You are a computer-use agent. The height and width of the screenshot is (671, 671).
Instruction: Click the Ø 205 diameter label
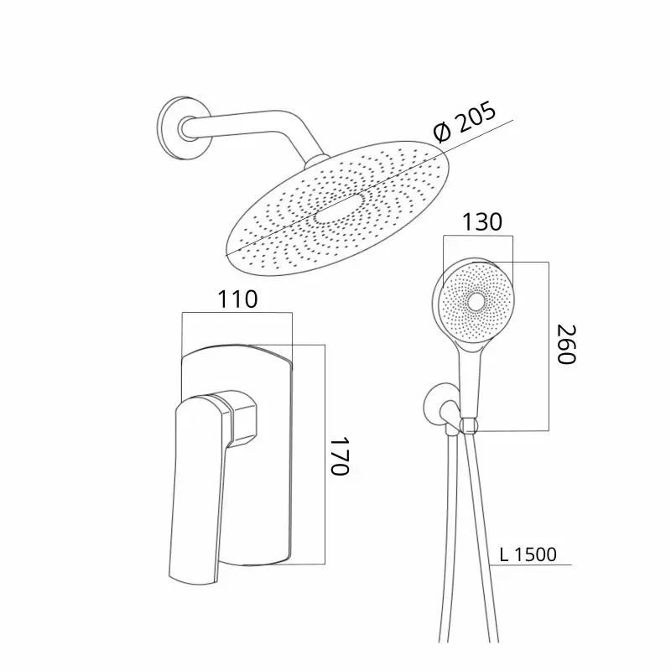(465, 122)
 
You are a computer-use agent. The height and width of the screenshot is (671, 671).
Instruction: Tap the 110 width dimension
(238, 299)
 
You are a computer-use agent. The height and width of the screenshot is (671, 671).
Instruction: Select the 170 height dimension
(341, 455)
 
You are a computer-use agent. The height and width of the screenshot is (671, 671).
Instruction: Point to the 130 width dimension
(482, 222)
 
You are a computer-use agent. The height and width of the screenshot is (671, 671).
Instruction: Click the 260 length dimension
(566, 344)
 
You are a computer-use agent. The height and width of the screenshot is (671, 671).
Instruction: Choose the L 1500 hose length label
(528, 554)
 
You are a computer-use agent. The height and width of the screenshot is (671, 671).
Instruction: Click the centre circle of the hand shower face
(476, 302)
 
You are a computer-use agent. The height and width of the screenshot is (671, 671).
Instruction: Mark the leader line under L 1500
(531, 564)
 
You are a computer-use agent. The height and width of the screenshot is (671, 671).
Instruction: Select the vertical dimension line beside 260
(549, 346)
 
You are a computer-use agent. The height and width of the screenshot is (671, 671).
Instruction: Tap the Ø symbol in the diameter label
(442, 133)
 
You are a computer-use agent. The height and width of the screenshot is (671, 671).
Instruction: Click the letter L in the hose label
(504, 555)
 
